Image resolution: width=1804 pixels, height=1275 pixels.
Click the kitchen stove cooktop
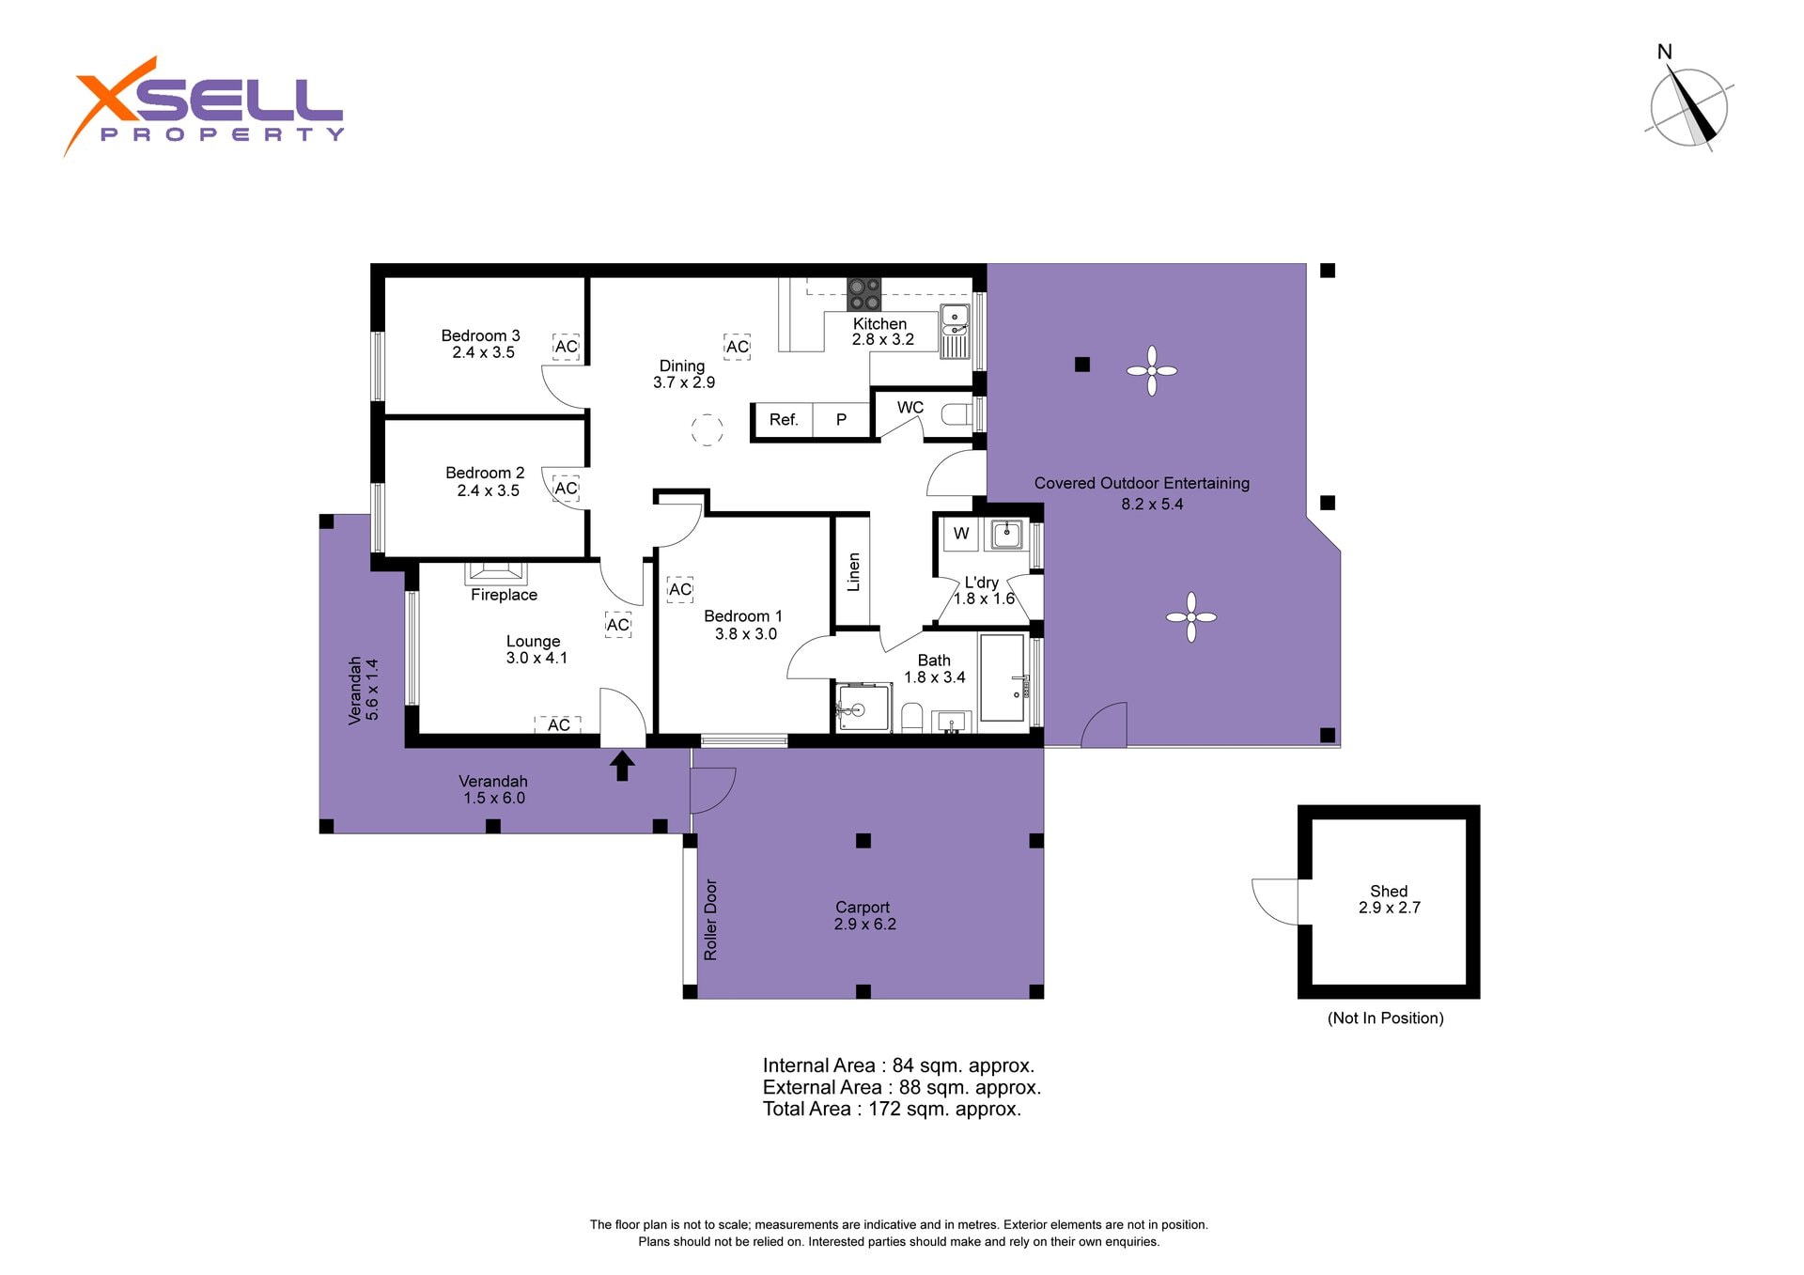tap(864, 294)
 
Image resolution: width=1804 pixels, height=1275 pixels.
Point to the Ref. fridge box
tap(783, 420)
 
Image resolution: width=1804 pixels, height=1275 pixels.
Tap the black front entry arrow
tap(622, 765)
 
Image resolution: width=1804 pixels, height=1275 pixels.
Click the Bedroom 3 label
tap(480, 335)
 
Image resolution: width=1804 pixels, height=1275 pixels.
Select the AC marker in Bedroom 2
tap(566, 489)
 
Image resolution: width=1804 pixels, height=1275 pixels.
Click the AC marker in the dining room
tap(738, 347)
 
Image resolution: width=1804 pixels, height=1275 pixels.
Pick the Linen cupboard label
tap(853, 572)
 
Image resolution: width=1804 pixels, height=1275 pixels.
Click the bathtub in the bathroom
tap(1003, 677)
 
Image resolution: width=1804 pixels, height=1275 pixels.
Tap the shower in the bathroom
tap(863, 707)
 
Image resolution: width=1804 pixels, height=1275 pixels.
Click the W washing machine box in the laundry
tap(960, 534)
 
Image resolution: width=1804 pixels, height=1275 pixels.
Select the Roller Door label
tap(710, 920)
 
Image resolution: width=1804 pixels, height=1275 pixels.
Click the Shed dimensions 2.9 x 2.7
tap(1389, 908)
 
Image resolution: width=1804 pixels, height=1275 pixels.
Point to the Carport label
tap(863, 908)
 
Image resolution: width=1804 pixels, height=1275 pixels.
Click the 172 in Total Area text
tap(884, 1109)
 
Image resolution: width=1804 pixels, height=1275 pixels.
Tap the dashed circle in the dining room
tap(708, 430)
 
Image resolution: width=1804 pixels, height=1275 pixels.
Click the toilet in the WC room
tap(956, 414)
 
